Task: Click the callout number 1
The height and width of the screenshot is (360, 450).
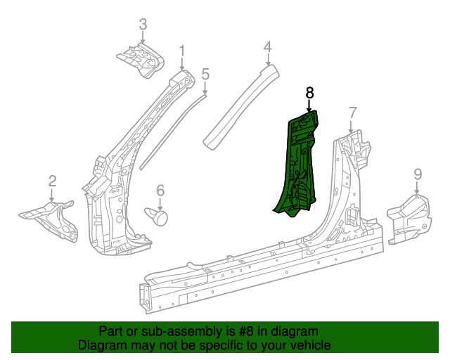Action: coord(181,51)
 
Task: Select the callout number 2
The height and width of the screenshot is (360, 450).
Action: coord(52,181)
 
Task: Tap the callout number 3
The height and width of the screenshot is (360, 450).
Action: coord(143,25)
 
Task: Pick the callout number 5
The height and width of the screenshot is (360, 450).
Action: coord(205,74)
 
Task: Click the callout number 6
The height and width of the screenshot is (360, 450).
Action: coord(160,190)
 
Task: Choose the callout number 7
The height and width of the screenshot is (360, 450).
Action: coord(352,112)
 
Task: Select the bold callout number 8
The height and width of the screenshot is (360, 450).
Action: coord(309,92)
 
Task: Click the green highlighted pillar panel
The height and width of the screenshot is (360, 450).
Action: coord(299,162)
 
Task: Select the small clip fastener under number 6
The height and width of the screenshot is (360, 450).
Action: coord(159,215)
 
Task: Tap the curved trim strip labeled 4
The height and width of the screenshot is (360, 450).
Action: coord(239,105)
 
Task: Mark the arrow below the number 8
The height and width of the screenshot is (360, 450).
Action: coord(309,105)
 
